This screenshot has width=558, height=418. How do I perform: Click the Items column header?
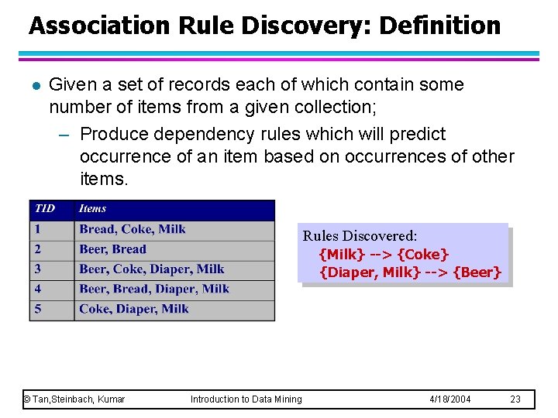[92, 208]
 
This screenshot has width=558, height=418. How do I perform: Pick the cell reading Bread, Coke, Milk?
[132, 229]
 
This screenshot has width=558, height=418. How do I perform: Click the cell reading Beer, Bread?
[112, 249]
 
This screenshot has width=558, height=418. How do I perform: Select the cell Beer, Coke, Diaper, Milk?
[151, 269]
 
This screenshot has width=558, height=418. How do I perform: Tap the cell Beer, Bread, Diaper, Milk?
[153, 289]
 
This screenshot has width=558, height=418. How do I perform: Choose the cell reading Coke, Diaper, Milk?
[133, 309]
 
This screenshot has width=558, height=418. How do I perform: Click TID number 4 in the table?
[37, 289]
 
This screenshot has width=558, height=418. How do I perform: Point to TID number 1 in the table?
[37, 229]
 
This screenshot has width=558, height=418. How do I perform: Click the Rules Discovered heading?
[360, 235]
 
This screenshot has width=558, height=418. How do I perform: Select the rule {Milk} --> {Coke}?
[384, 254]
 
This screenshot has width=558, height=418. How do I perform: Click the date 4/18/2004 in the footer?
[450, 399]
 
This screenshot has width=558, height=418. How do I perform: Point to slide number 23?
[515, 399]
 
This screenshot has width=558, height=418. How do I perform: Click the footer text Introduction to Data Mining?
[246, 399]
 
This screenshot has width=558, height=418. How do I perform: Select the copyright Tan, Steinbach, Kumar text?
[74, 399]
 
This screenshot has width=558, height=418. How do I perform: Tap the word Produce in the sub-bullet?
[115, 134]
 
